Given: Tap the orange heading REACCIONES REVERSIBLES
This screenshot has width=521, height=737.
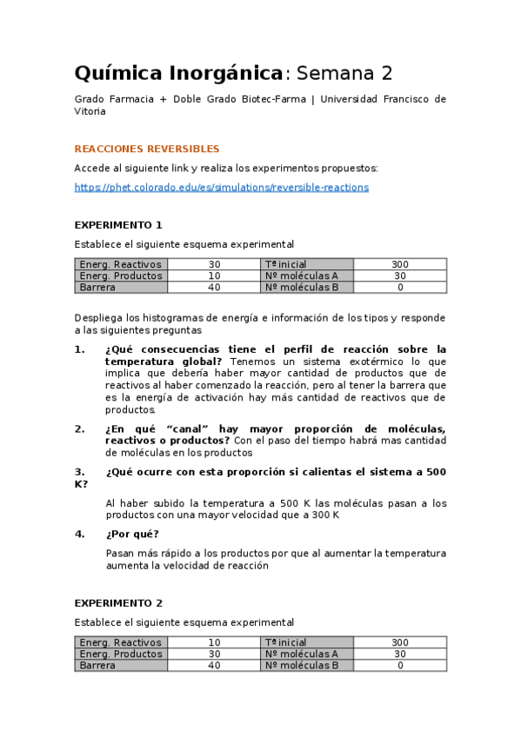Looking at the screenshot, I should tap(147, 149).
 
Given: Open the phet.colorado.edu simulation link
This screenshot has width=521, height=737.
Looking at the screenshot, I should tap(221, 187).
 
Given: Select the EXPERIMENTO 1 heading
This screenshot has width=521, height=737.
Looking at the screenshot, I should tap(118, 224).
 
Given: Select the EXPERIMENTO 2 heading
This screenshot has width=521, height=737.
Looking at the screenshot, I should tap(118, 602).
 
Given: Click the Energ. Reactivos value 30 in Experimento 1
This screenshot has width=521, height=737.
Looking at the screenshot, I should tap(214, 264).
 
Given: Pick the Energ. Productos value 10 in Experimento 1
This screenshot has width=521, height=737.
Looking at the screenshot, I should tap(214, 276).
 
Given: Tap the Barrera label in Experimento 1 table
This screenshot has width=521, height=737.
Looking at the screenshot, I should tap(97, 287).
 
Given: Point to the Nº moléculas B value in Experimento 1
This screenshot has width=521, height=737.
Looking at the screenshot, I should tap(400, 287).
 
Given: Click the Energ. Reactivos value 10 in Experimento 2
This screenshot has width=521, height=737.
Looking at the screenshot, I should tap(214, 642).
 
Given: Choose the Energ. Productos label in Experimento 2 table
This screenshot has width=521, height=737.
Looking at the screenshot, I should tap(121, 654).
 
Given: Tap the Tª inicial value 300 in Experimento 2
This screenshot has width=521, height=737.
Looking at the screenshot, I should tap(400, 642).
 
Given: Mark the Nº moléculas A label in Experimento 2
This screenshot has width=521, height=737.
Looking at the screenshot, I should tap(302, 654).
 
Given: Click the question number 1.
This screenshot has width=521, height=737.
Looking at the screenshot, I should tap(79, 349).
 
